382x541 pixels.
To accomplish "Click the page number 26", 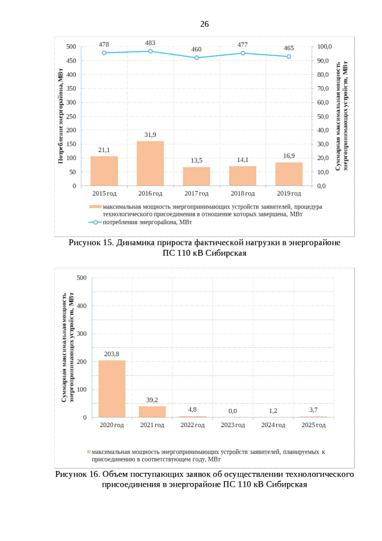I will pyautogui.click(x=204, y=25).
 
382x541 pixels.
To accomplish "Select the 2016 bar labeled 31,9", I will pyautogui.click(x=150, y=163).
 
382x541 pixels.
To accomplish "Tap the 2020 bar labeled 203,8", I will pyautogui.click(x=112, y=389).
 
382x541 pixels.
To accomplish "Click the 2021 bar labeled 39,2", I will pyautogui.click(x=152, y=411).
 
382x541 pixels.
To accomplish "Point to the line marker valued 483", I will pyautogui.click(x=150, y=51).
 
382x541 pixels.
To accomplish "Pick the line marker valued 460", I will pyautogui.click(x=196, y=58).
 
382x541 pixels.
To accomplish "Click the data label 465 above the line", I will pyautogui.click(x=288, y=48).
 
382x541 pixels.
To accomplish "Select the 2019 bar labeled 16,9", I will pyautogui.click(x=289, y=174).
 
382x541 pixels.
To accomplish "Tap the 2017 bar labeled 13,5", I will pyautogui.click(x=196, y=176).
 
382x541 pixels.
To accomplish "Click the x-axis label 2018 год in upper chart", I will pyautogui.click(x=242, y=193).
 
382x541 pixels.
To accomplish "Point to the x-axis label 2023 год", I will pyautogui.click(x=233, y=425).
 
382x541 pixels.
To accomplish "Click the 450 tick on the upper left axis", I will pyautogui.click(x=70, y=61).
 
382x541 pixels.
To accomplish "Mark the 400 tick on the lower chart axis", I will pyautogui.click(x=81, y=305).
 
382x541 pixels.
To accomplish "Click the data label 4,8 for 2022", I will pyautogui.click(x=192, y=409).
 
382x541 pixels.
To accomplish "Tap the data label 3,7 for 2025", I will pyautogui.click(x=313, y=409).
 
